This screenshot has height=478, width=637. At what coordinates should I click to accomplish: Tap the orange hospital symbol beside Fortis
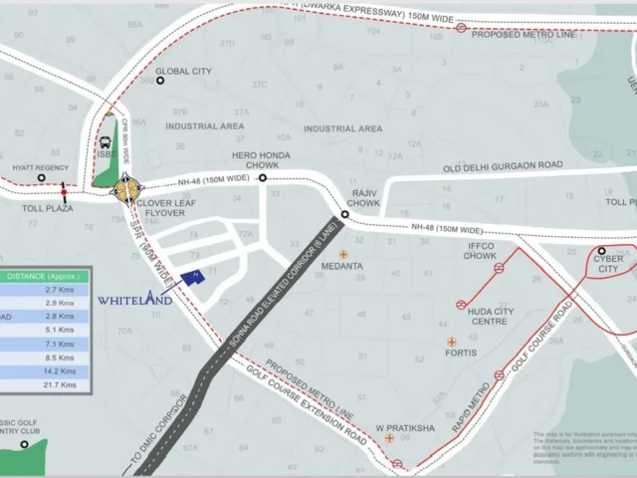click(451, 342)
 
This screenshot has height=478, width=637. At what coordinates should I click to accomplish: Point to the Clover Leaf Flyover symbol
click(126, 187)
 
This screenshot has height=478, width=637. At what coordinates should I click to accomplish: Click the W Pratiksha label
click(405, 427)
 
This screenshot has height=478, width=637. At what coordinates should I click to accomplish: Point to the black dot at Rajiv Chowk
click(344, 214)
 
